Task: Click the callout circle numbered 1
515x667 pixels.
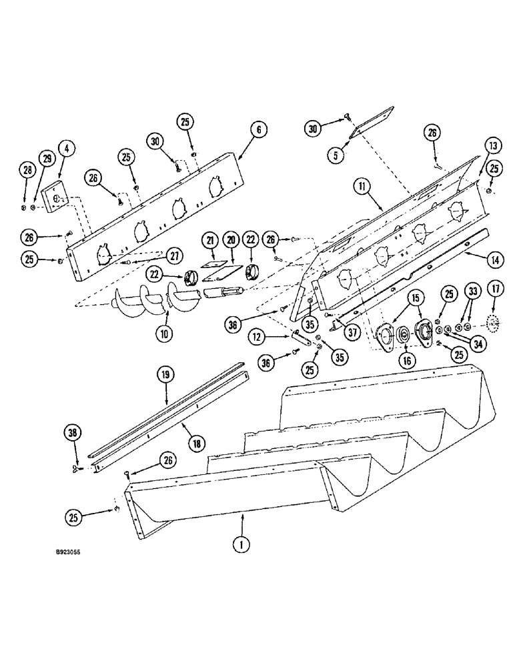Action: click(x=241, y=545)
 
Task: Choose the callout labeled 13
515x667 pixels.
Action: click(x=492, y=147)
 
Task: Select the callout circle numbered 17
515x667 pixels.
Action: click(x=494, y=291)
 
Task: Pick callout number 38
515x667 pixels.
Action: click(x=75, y=433)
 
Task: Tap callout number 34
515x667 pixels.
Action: click(x=476, y=344)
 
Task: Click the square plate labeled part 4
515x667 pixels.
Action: click(x=55, y=196)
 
